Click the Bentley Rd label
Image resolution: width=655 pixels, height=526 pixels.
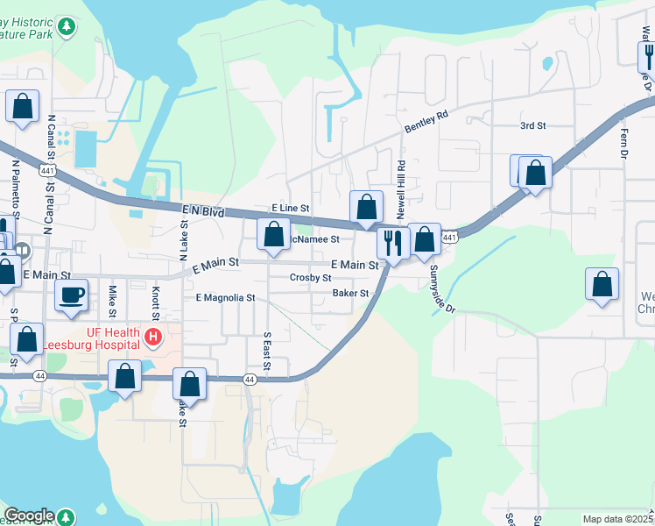click(426, 122)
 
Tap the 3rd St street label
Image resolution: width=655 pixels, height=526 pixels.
click(532, 126)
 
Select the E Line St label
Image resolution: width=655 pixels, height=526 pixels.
click(290, 208)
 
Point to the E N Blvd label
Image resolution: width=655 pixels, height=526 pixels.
click(203, 212)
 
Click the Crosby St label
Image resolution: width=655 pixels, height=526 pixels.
click(310, 278)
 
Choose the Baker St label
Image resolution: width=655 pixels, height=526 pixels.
click(351, 294)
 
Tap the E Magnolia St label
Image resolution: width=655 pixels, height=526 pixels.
click(225, 298)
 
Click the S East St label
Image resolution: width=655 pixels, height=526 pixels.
click(267, 351)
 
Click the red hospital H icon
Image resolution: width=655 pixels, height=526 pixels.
click(154, 336)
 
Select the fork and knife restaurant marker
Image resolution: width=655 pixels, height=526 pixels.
click(393, 242)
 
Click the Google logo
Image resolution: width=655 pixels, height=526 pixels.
click(29, 515)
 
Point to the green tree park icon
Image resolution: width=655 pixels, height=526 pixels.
click(67, 26)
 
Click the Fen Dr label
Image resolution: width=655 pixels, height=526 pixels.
click(624, 139)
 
